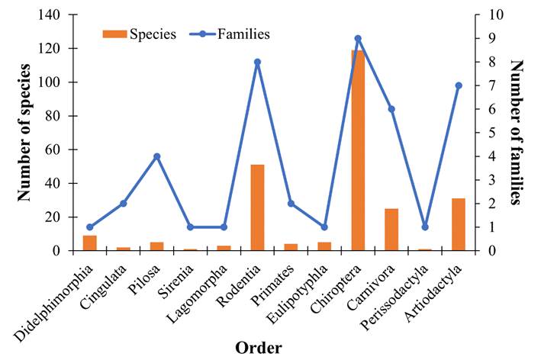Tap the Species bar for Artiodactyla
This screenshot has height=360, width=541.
[x=459, y=224]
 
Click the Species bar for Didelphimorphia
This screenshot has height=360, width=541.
[x=90, y=243]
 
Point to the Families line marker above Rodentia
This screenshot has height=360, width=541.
[x=257, y=62]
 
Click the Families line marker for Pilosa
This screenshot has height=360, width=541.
[x=156, y=156]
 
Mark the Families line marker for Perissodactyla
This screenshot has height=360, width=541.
[x=425, y=227]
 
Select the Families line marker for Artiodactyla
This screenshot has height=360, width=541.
[x=459, y=85]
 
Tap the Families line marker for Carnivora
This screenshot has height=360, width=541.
[x=391, y=109]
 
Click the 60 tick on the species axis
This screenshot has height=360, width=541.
[x=62, y=149]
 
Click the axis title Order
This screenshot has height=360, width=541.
[x=258, y=347]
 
